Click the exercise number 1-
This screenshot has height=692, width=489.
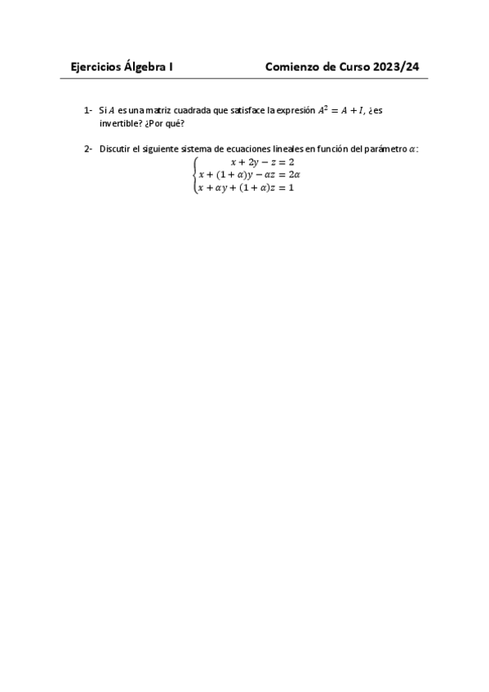(x=87, y=110)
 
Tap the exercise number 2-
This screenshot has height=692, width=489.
(x=87, y=149)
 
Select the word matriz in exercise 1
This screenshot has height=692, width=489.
(x=159, y=110)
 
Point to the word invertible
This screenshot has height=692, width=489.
(x=118, y=122)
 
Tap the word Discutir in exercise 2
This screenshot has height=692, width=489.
(x=116, y=149)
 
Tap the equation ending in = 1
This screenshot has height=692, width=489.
(x=246, y=188)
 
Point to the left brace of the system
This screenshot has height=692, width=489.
(x=194, y=175)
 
